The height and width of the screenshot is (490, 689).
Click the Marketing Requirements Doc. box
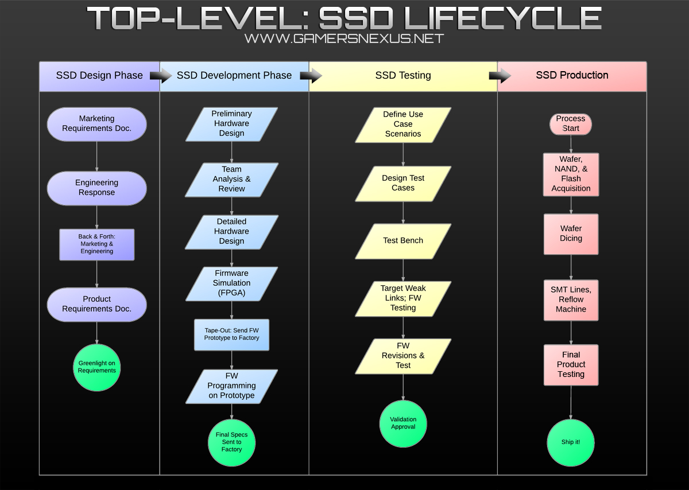click(x=96, y=124)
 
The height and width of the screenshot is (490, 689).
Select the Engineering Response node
click(x=96, y=188)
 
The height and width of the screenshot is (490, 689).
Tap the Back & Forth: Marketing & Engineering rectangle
click(x=96, y=244)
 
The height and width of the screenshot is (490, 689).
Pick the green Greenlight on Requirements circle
click(x=96, y=367)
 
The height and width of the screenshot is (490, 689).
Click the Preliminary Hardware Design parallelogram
click(x=231, y=124)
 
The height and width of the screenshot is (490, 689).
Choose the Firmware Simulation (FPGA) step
click(x=231, y=283)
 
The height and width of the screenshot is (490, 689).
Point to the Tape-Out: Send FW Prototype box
click(x=231, y=335)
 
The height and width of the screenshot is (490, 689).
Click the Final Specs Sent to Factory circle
click(x=231, y=442)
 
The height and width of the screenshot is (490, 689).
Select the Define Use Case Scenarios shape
click(x=403, y=125)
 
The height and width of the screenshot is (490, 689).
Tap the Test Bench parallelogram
click(x=403, y=241)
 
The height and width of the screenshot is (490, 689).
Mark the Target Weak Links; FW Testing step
click(x=403, y=298)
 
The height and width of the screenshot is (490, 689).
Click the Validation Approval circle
click(x=403, y=423)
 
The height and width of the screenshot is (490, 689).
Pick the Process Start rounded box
click(x=571, y=124)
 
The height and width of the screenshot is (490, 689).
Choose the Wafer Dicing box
click(x=571, y=234)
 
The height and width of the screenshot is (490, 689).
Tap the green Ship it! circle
click(x=571, y=442)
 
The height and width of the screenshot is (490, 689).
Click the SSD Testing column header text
click(x=403, y=76)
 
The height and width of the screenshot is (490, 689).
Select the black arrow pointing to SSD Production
click(x=500, y=75)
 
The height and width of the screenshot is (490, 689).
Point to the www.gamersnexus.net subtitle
click(x=344, y=38)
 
